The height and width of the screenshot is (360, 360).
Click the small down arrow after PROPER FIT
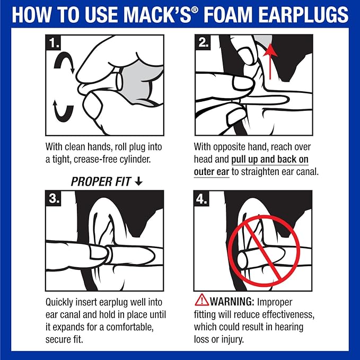pyautogui.click(x=139, y=181)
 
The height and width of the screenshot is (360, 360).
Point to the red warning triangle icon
pyautogui.click(x=202, y=300)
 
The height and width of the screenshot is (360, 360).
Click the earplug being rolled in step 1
pyautogui.click(x=119, y=82)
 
